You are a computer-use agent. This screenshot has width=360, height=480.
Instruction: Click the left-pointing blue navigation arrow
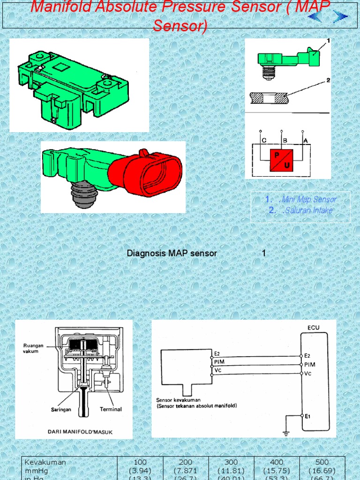coord(315,17)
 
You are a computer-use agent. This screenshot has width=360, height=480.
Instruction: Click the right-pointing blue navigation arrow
coord(340,17)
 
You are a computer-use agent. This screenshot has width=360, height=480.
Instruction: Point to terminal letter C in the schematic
coord(264,140)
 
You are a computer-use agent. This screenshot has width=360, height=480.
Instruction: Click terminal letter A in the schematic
coord(306,140)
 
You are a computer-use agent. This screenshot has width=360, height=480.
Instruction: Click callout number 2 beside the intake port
coord(328,80)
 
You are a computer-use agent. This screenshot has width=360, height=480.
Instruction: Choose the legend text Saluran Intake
coord(307,210)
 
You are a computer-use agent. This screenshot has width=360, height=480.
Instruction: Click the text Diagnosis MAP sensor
coord(172,253)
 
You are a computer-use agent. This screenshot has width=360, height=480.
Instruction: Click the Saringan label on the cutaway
coord(61,409)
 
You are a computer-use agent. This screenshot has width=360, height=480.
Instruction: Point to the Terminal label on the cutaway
coord(111,409)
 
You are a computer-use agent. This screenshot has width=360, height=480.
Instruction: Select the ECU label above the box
coord(314,328)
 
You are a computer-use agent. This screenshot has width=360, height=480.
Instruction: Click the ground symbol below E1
coord(286,434)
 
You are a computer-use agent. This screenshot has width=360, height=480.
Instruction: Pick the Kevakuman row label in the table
coord(45,462)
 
